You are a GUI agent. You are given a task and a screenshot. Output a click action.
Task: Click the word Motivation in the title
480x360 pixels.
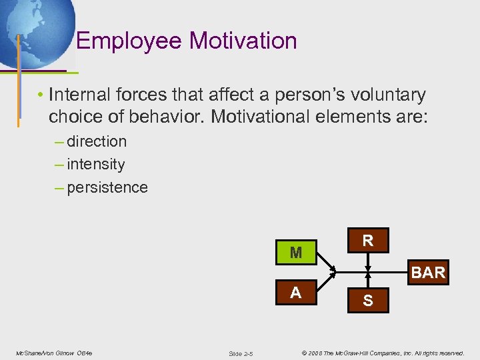pyautogui.click(x=243, y=41)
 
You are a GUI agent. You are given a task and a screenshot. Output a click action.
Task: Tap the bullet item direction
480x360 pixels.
pyautogui.click(x=96, y=141)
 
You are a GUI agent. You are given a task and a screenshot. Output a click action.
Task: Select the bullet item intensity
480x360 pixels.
pyautogui.click(x=95, y=164)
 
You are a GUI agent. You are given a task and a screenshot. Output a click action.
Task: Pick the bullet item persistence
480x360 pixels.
pyautogui.click(x=107, y=187)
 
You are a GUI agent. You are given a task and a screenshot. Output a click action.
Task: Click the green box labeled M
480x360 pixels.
pyautogui.click(x=296, y=253)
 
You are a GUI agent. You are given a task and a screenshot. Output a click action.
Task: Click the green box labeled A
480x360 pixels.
pyautogui.click(x=296, y=293)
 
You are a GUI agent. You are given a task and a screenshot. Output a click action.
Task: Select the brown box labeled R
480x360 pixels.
pyautogui.click(x=367, y=241)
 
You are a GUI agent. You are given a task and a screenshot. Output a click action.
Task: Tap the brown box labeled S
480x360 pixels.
pyautogui.click(x=367, y=301)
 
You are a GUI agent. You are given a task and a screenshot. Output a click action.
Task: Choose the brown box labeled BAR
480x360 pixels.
pyautogui.click(x=428, y=273)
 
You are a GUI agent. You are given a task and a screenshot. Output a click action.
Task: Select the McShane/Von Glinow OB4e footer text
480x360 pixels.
pyautogui.click(x=54, y=353)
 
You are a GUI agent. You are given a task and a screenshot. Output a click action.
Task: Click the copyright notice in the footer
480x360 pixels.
pyautogui.click(x=383, y=353)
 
